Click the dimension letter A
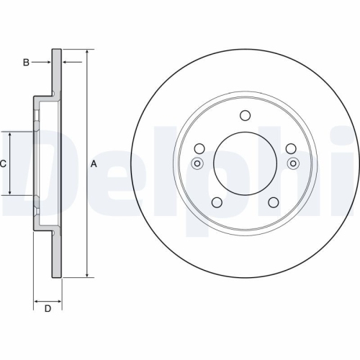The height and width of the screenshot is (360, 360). point(94,164)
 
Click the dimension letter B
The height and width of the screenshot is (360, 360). point(26,63)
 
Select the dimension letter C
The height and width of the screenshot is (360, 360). point(3,164)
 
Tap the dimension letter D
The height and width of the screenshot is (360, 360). point(48,310)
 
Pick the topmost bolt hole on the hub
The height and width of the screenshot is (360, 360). point(245,116)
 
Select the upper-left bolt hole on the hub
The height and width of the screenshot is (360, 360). point(199,148)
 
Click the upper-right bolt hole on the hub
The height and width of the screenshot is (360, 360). point(290,148)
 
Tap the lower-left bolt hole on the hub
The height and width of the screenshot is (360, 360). point(217,202)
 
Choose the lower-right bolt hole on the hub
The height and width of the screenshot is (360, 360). point(273,202)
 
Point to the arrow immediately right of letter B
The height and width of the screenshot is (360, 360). point(47,63)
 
